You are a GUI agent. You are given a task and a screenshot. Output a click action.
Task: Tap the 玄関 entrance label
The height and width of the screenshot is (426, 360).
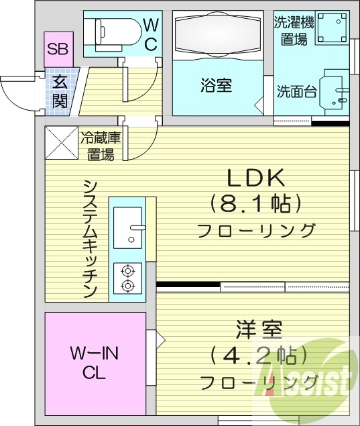pos(60,92)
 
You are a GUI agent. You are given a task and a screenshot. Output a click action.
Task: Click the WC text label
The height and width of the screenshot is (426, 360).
pos(152,34)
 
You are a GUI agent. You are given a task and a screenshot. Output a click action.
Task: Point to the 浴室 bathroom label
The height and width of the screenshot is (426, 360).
pos(215,87)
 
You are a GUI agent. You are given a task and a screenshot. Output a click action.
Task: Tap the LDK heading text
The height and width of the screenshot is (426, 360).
pos(255,178)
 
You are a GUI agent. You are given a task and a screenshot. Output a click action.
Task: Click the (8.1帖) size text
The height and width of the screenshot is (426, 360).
pos(255,203)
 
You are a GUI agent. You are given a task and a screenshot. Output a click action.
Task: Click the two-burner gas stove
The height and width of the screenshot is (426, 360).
pos(128,278)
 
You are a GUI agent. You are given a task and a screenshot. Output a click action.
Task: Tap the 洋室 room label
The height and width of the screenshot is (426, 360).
pos(259,330)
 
